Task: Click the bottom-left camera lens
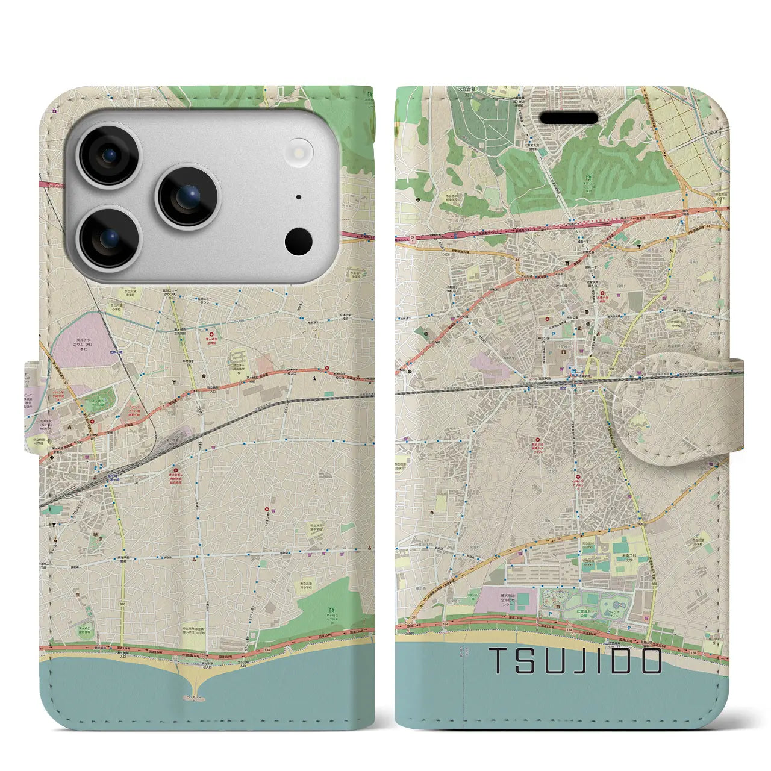(x=110, y=237)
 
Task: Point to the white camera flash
(x=299, y=149)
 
